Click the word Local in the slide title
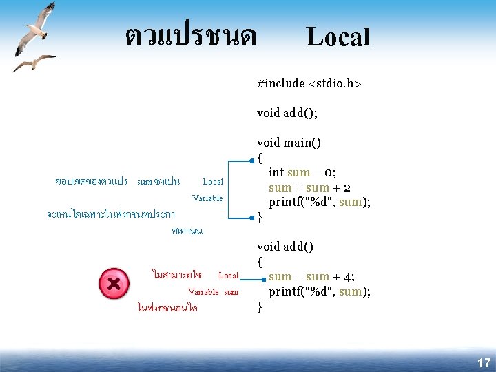tap(338, 37)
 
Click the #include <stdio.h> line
tap(309, 83)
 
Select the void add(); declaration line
tap(287, 112)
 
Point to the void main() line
tap(289, 143)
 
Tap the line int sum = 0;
tap(302, 172)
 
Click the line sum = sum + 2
tap(309, 187)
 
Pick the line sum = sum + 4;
tap(311, 277)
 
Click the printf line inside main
tap(320, 202)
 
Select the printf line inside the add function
tap(320, 291)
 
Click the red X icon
tap(114, 284)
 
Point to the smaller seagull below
tap(32, 63)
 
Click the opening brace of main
tap(260, 158)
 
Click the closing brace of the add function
tap(260, 307)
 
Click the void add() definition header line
tap(285, 246)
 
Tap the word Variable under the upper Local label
tap(207, 198)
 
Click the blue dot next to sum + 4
tap(262, 280)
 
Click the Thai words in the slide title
tap(190, 35)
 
